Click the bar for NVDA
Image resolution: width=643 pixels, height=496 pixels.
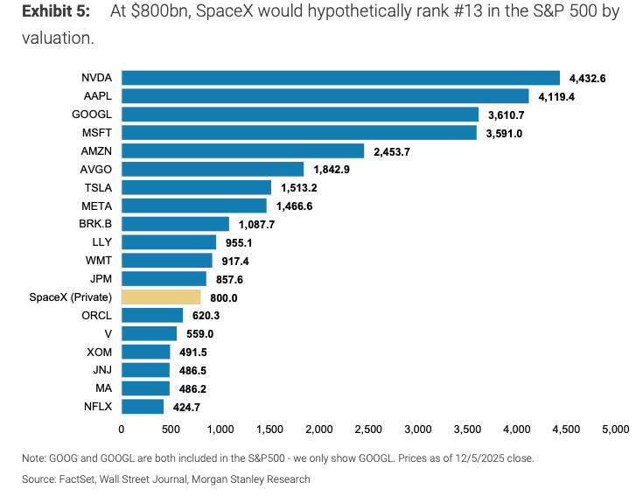click(340, 78)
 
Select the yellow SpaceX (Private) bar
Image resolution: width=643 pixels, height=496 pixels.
click(161, 297)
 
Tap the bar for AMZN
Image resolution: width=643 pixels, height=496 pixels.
click(242, 150)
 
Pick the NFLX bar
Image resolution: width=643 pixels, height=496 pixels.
click(143, 406)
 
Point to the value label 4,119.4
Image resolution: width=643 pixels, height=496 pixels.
click(556, 96)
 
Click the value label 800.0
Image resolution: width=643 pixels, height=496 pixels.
click(223, 297)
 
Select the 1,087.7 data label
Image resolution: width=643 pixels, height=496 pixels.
click(257, 224)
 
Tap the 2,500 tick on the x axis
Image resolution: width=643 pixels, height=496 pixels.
click(368, 430)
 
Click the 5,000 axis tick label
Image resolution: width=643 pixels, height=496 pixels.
click(616, 430)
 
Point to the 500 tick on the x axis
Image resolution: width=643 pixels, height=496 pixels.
click(171, 430)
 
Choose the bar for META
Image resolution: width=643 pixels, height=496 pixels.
click(193, 206)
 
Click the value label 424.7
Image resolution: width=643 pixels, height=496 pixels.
click(185, 407)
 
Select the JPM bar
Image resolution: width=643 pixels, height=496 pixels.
click(164, 278)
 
